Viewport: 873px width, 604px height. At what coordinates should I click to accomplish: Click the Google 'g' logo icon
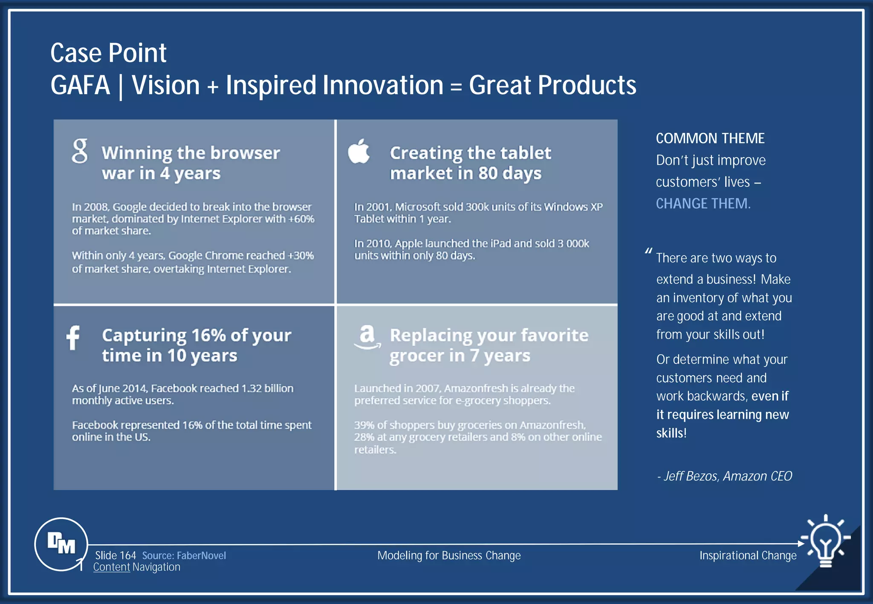80,151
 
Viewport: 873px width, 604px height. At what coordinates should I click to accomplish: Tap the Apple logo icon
358,151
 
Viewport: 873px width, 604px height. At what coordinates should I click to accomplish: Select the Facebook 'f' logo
73,337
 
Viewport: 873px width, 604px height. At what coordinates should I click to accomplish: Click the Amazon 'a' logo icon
367,337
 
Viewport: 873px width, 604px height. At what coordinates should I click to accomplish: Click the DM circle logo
61,544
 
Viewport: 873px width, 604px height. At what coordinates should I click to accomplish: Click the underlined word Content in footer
112,567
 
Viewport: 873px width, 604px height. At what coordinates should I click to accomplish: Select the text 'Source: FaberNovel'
184,555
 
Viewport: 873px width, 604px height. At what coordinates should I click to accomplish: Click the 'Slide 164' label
115,555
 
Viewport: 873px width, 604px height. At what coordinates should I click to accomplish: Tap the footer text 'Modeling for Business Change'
449,555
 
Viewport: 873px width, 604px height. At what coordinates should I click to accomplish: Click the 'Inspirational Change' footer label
748,555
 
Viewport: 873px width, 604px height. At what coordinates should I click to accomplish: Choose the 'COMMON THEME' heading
710,138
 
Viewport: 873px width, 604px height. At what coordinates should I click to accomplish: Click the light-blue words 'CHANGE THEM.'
703,204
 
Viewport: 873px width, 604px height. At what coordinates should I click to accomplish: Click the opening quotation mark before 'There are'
648,251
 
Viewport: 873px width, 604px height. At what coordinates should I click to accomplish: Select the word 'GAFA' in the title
80,85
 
